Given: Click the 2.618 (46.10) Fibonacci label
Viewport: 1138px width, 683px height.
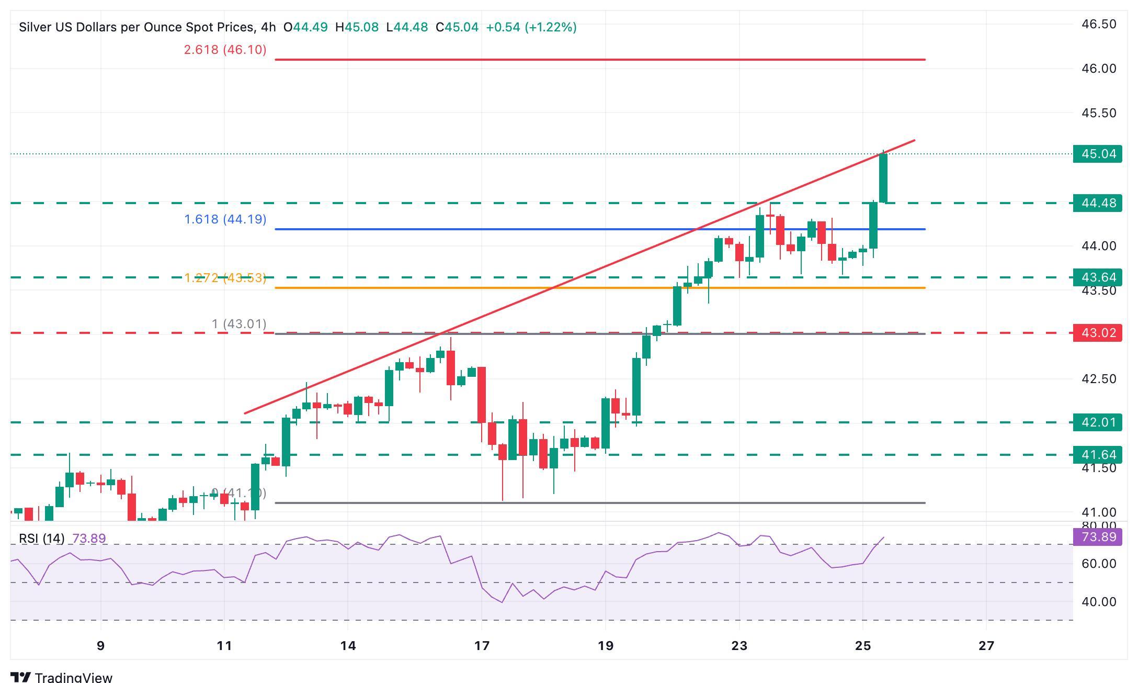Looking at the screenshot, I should [x=225, y=50].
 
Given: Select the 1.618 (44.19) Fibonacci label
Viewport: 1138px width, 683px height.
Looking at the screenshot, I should [x=225, y=219].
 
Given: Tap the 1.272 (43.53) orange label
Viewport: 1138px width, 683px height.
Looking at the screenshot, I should [x=225, y=278].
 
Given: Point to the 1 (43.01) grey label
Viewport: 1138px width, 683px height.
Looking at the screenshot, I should [x=239, y=324].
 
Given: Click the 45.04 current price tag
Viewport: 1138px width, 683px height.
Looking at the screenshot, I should [x=1097, y=154].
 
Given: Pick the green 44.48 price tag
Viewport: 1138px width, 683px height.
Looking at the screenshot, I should [x=1097, y=203].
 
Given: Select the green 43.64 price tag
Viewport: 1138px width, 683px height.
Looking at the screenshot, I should [x=1097, y=277].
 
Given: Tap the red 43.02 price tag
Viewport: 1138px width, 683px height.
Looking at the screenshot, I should [x=1097, y=333].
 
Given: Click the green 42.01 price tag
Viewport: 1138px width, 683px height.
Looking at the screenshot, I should [x=1097, y=422].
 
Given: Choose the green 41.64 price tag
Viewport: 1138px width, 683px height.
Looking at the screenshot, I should [x=1097, y=454].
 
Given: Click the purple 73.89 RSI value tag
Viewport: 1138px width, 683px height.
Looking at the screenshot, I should [x=1097, y=537].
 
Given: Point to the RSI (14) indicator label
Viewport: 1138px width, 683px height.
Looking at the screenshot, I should [x=42, y=539].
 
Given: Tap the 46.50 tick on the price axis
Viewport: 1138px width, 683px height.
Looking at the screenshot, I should [x=1099, y=24].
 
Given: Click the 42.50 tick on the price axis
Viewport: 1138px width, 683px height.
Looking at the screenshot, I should [x=1099, y=379].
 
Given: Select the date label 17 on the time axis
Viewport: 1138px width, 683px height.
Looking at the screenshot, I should [x=482, y=646].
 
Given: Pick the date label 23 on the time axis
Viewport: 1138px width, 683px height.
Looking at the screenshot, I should [x=739, y=646].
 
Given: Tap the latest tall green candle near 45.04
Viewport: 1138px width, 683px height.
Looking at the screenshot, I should [x=883, y=178].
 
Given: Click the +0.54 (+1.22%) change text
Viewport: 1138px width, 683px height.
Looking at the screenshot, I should [x=531, y=27].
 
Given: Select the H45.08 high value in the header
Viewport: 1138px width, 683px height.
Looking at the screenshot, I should [x=357, y=27].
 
